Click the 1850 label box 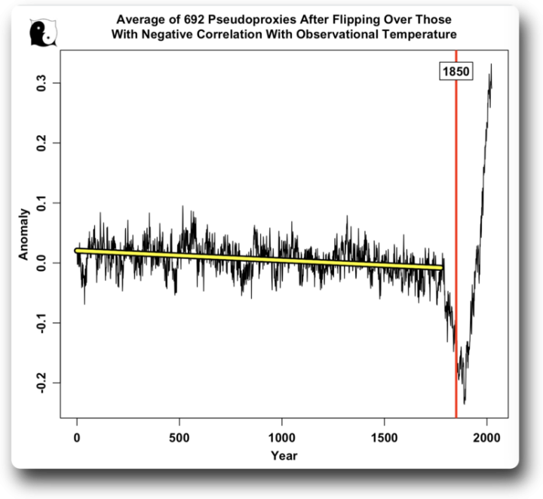coord(456,71)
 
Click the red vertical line coord(456,226)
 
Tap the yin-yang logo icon coord(40,32)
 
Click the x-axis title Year coord(284,455)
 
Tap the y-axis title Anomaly coord(23,234)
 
